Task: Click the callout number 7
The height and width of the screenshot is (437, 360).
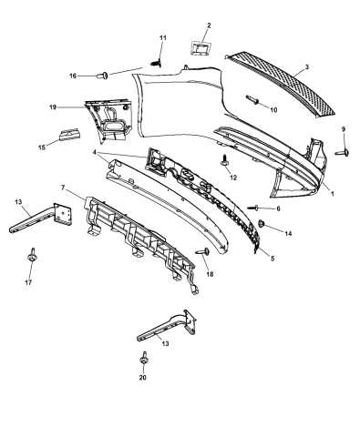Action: coord(62,188)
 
